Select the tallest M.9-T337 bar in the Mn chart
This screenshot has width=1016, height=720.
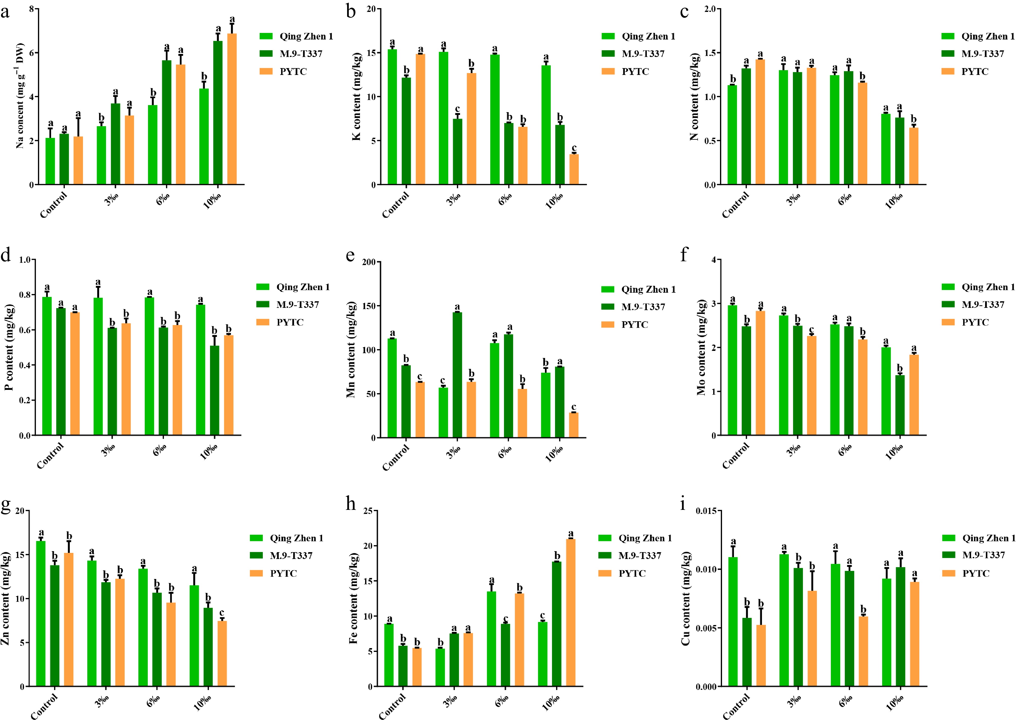pyautogui.click(x=457, y=375)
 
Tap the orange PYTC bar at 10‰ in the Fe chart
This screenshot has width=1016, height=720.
pyautogui.click(x=571, y=612)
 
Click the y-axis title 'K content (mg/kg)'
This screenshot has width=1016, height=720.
pyautogui.click(x=357, y=97)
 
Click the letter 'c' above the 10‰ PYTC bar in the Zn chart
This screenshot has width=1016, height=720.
pyautogui.click(x=222, y=613)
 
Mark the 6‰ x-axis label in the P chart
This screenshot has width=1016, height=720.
pyautogui.click(x=160, y=451)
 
